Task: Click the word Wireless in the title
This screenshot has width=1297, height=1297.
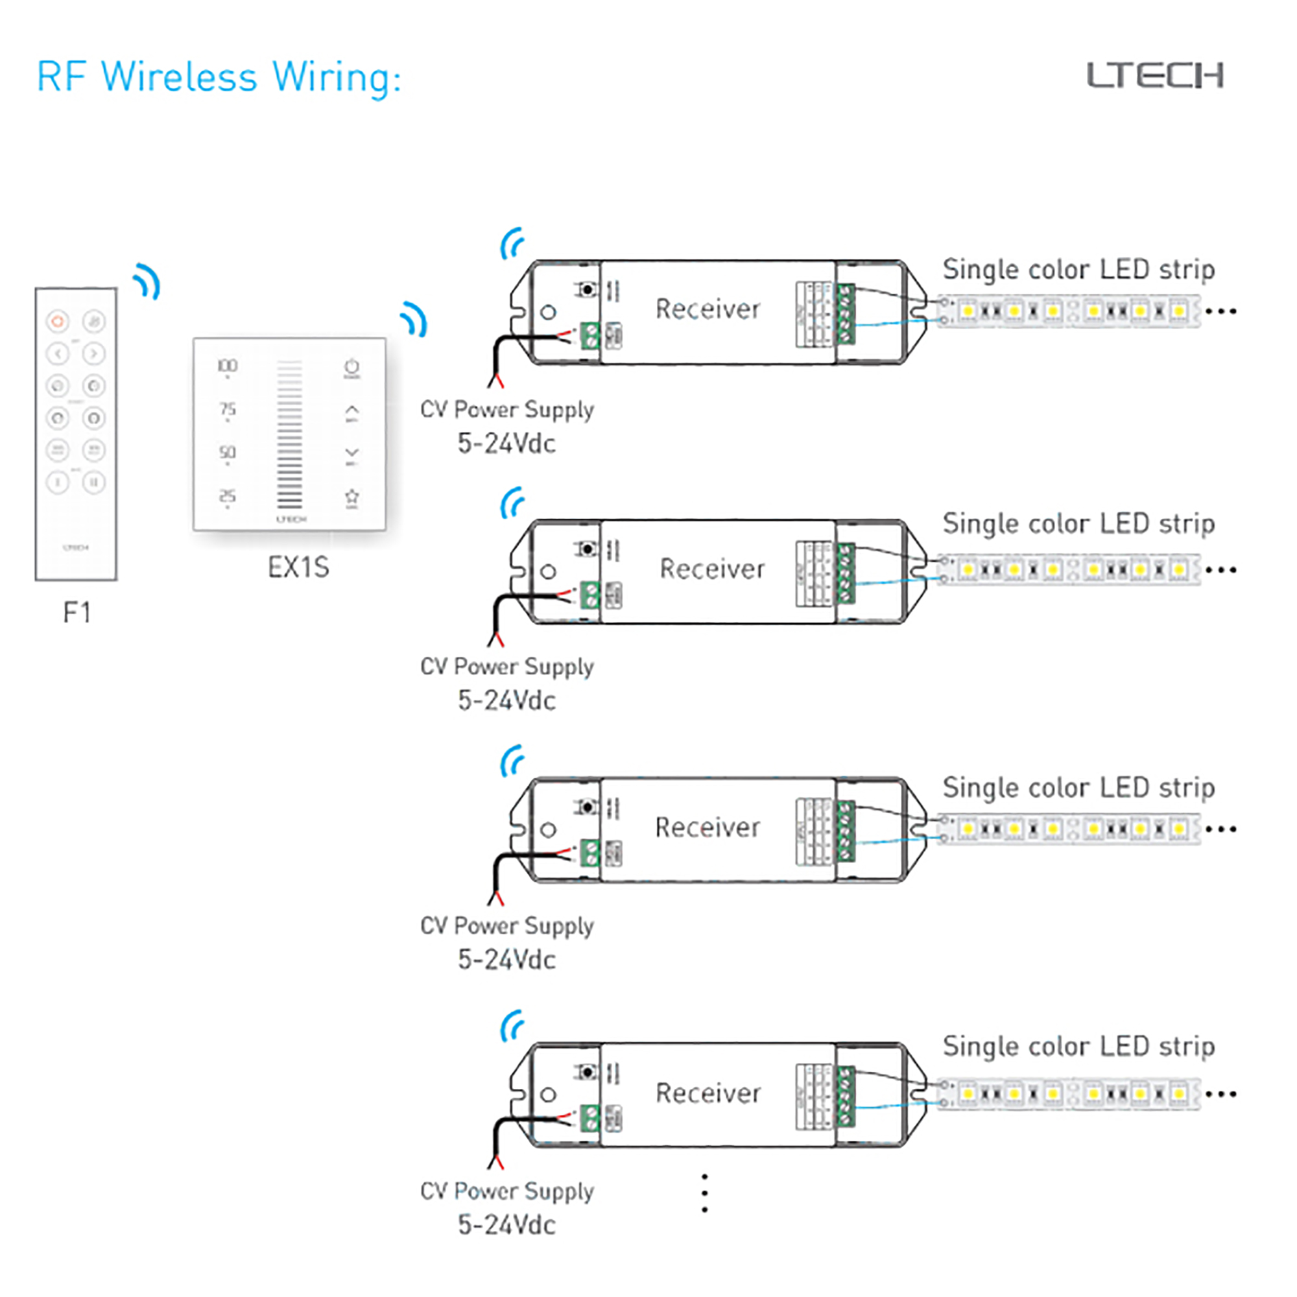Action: tap(179, 77)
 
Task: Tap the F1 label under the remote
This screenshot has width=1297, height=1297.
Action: tap(77, 612)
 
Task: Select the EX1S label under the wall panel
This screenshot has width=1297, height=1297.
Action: tap(298, 568)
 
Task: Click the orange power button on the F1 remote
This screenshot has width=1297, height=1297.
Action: tap(58, 322)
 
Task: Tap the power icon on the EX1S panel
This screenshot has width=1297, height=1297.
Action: tap(351, 367)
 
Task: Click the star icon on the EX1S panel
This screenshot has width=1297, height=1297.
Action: tap(351, 497)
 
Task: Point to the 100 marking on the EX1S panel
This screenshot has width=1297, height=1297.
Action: tap(227, 366)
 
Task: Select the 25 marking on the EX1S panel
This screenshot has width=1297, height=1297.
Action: tap(227, 496)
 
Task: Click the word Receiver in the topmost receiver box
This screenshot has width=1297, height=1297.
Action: tap(708, 309)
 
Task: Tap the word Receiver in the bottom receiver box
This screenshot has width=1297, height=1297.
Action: tap(708, 1093)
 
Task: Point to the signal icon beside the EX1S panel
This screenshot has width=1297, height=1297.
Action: tap(414, 319)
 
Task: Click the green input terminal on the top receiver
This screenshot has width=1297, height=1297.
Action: tap(589, 335)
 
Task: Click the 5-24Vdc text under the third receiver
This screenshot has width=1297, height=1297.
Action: tap(507, 959)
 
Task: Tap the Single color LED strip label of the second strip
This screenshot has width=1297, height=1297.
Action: tap(1078, 523)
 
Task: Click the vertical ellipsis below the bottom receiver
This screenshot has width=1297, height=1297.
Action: tap(704, 1193)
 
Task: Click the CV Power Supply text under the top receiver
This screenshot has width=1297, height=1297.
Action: tap(507, 409)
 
